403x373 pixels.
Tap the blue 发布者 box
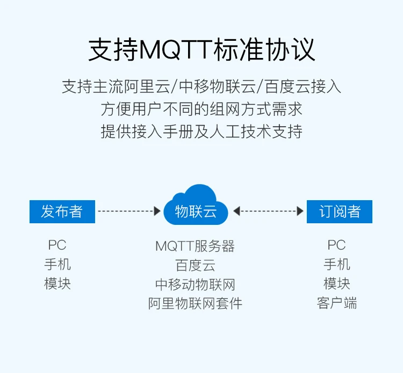coord(62,211)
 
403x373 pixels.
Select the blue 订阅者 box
coord(339,211)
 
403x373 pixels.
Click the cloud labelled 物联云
coord(196,207)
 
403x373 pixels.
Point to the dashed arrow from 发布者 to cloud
coord(129,211)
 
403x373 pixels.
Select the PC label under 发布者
coord(57,245)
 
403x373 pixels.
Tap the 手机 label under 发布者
coord(57,265)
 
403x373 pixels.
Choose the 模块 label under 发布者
coord(57,283)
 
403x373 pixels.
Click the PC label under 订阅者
coord(336,245)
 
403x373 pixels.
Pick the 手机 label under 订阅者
coord(337,265)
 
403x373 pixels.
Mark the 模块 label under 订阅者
coord(337,283)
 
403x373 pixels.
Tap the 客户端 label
coord(337,303)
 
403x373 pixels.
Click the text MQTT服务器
coord(195,246)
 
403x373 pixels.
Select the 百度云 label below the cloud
coord(195,266)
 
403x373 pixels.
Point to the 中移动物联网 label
coord(195,284)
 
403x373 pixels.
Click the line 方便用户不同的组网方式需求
coord(201,109)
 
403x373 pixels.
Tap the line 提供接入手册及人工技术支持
coord(201,131)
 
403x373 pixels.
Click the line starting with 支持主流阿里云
coord(201,86)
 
